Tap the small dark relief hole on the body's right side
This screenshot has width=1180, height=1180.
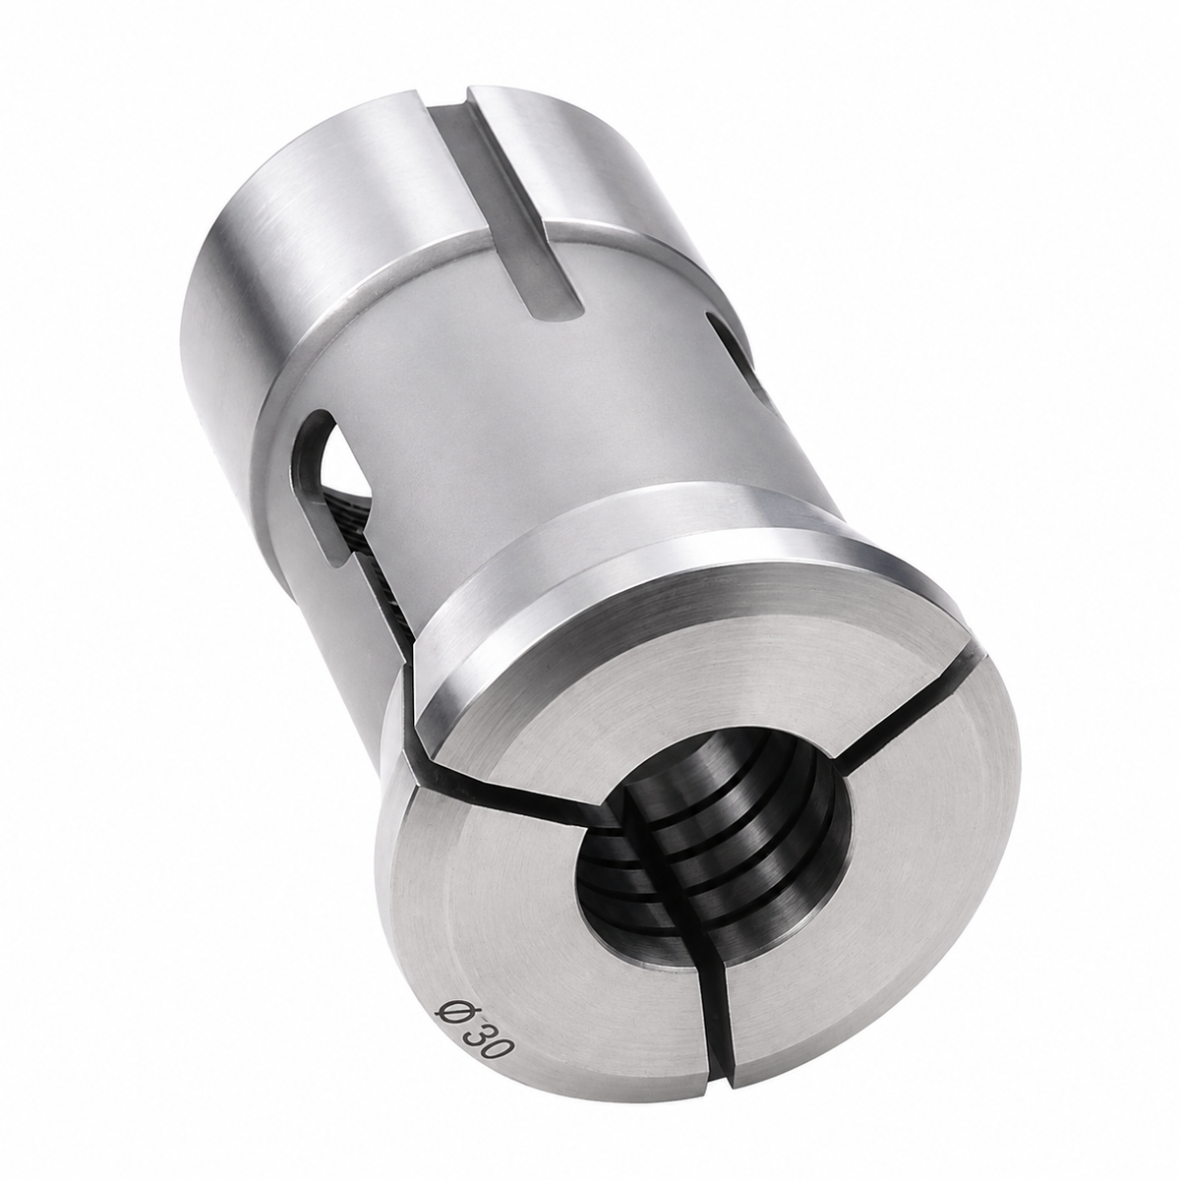pyautogui.click(x=728, y=348)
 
